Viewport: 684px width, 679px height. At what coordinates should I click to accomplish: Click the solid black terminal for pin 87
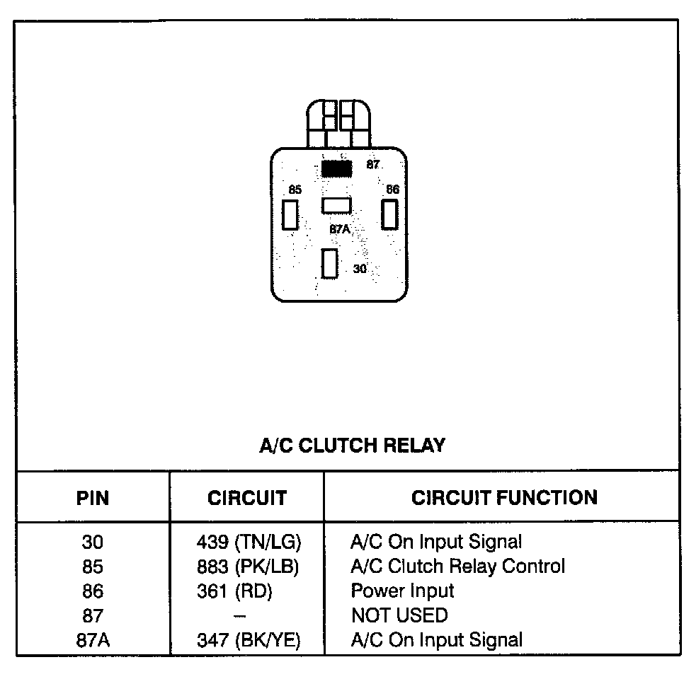click(x=336, y=168)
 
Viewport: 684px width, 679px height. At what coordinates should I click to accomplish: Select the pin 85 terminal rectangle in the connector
click(x=290, y=214)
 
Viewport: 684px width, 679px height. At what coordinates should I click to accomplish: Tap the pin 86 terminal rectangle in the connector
click(x=389, y=214)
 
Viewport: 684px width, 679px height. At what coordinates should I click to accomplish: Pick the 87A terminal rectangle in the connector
click(x=336, y=205)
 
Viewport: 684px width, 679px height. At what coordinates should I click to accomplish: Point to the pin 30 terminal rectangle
click(x=329, y=264)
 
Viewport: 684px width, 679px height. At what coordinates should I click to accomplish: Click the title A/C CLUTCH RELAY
click(x=353, y=446)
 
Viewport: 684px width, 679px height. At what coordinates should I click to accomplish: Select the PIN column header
click(x=93, y=498)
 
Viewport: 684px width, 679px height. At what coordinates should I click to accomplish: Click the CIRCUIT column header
click(x=247, y=498)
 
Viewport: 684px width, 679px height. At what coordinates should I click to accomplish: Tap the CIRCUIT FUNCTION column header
click(x=504, y=497)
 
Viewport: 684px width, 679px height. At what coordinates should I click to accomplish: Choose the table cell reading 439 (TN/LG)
click(x=249, y=542)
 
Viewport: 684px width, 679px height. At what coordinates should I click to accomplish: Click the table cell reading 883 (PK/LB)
click(x=249, y=567)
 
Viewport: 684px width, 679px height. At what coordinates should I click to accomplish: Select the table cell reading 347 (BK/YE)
click(x=249, y=640)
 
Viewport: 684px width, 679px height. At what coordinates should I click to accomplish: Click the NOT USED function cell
click(x=399, y=615)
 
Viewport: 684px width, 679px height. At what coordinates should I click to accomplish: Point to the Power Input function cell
click(x=402, y=591)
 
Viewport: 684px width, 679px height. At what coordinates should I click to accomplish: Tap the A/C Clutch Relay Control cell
click(x=457, y=567)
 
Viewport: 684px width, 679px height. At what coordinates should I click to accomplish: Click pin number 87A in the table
click(x=93, y=640)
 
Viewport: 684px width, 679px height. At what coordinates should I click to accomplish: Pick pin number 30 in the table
click(x=93, y=542)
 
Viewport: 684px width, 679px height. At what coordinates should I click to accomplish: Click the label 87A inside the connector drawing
click(x=340, y=230)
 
